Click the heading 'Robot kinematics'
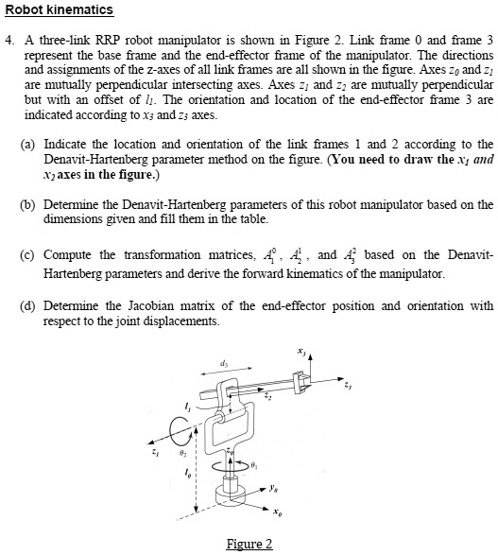pos(59,10)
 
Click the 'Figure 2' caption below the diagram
pos(249,544)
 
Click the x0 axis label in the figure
pos(277,515)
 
